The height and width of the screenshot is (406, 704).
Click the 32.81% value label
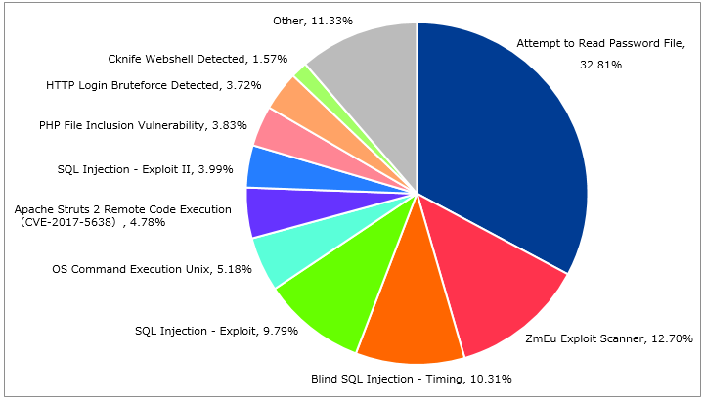600,65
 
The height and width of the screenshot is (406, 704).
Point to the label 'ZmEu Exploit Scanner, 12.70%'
609,338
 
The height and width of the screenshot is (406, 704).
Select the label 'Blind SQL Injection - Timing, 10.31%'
412,379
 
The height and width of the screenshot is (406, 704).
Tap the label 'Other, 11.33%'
313,21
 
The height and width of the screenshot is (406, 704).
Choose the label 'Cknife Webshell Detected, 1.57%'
198,59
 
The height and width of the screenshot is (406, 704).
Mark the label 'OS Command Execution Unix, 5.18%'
152,269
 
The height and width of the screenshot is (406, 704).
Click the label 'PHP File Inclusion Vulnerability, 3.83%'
143,125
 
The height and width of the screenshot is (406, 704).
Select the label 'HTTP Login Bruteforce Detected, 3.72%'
154,85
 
